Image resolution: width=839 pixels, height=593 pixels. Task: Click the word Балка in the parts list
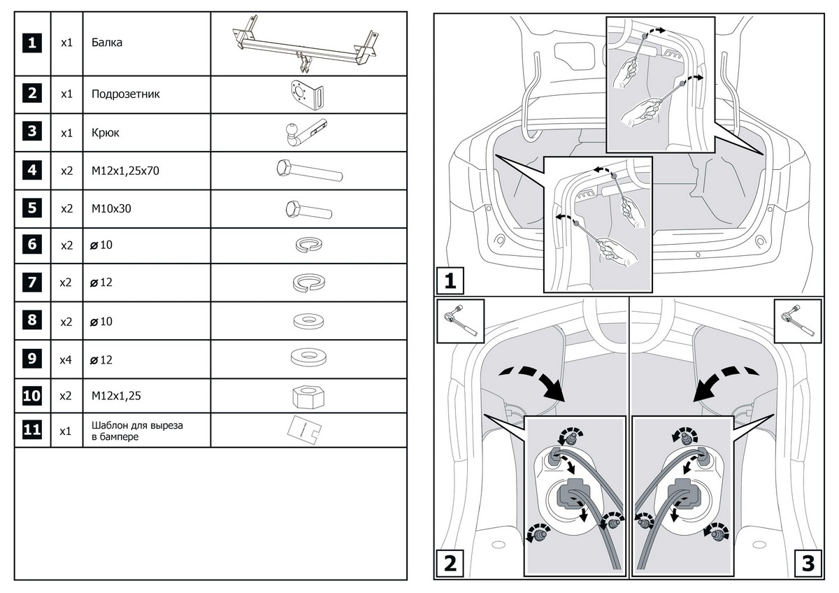tap(108, 43)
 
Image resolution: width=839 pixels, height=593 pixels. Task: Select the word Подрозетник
tap(126, 94)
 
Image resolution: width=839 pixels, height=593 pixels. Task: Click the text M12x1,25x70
tap(126, 170)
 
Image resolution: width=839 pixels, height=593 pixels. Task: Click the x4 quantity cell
tap(67, 360)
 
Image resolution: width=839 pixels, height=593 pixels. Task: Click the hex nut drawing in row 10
tap(308, 396)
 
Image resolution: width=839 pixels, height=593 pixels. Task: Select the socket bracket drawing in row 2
tap(308, 94)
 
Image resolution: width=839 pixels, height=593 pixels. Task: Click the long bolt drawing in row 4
tap(308, 170)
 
